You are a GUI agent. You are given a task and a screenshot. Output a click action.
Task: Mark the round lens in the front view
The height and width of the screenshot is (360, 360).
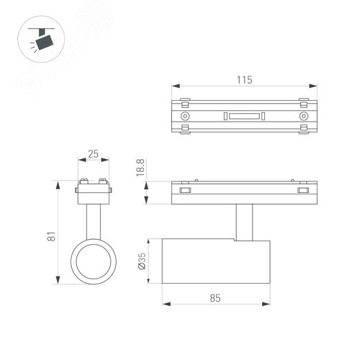[93, 262]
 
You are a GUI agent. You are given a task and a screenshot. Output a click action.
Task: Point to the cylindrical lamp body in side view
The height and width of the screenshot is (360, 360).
[217, 262]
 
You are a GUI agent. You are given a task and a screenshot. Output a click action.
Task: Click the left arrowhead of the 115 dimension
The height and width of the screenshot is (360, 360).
[173, 88]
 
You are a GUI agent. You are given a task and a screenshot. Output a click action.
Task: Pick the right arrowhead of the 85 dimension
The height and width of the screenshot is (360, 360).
[268, 302]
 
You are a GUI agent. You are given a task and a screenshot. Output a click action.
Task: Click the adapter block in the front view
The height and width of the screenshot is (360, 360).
[93, 192]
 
